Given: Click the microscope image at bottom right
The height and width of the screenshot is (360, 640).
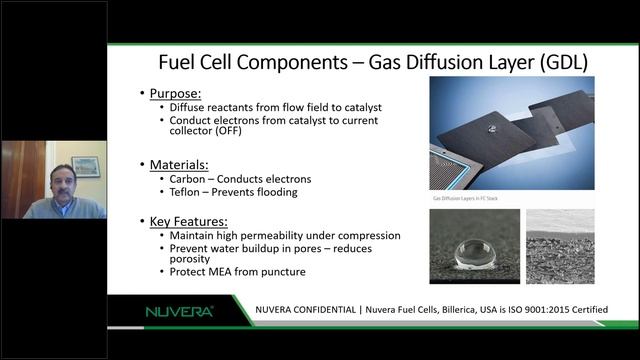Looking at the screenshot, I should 559,245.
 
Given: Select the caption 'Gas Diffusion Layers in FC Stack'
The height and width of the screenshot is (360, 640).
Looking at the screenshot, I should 464,199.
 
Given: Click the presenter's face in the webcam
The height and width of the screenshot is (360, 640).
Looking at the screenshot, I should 62,184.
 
